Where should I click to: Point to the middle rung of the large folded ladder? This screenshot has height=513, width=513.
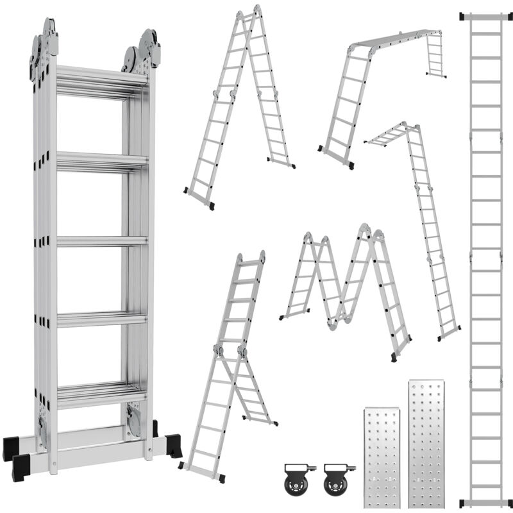click(x=101, y=241)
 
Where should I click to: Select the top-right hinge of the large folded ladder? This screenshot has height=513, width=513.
click(x=142, y=50)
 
